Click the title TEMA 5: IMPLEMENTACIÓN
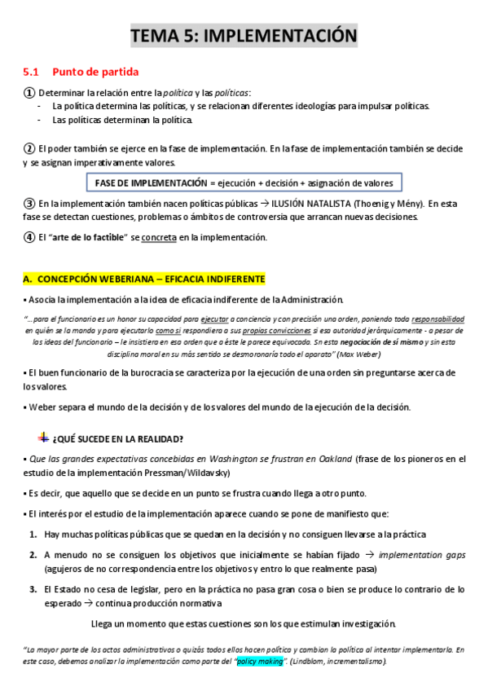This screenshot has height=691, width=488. point(244,36)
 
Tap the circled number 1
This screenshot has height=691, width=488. point(29,93)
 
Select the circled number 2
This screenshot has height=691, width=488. point(29,148)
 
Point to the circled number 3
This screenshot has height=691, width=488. point(29,203)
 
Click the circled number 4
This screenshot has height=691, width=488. point(29,237)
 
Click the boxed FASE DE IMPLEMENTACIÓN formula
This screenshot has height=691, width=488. point(244,183)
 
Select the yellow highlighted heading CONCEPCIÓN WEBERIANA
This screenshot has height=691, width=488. point(143,279)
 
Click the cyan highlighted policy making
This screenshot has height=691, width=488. point(259,662)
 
